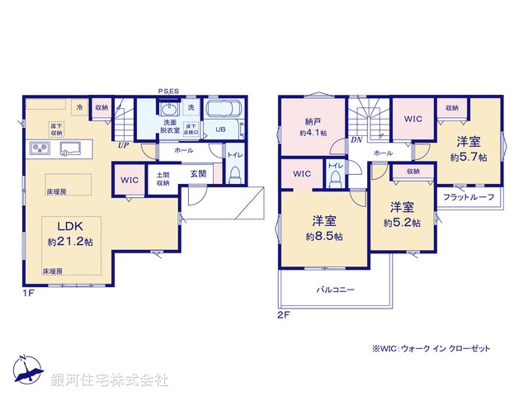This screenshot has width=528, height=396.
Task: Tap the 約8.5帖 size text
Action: pyautogui.click(x=324, y=236)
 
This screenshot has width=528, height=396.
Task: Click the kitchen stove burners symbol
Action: pyautogui.click(x=41, y=148)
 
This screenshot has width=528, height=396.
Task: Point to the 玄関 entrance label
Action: pyautogui.click(x=198, y=173)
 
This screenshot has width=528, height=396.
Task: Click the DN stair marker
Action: pyautogui.click(x=356, y=140)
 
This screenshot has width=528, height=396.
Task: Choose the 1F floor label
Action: pyautogui.click(x=28, y=293)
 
